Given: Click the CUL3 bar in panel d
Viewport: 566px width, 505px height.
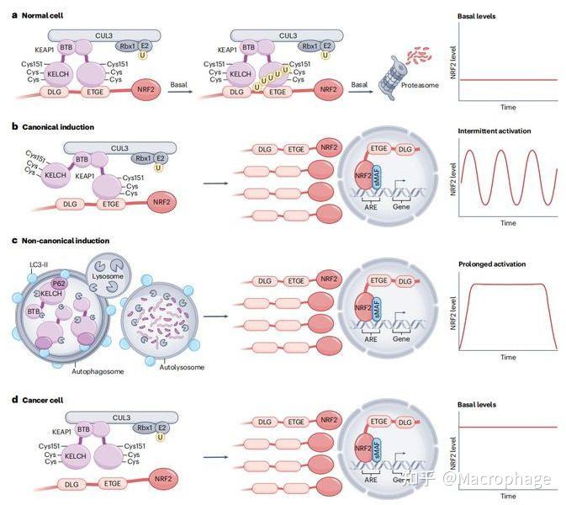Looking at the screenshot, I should point(121,417).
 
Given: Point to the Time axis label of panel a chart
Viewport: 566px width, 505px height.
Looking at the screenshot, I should point(508,108).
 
